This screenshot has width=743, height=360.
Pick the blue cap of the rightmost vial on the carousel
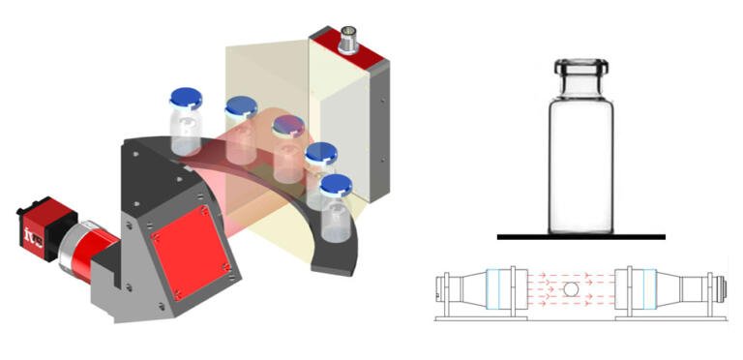click(336, 183)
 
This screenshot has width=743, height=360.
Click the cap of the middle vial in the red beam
click(287, 125)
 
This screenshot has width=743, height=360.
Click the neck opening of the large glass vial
click(580, 67)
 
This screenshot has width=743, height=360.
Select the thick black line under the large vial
click(580, 236)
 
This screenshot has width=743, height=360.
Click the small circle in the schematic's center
click(571, 288)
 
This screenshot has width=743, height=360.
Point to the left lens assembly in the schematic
click(483, 288)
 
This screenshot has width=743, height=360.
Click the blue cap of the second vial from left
click(240, 105)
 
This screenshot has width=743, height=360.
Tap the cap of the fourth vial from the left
click(320, 152)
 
